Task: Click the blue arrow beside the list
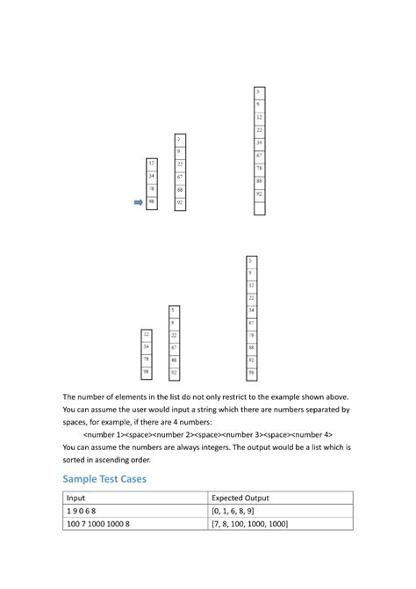(x=137, y=202)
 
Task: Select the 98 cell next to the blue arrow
(x=152, y=202)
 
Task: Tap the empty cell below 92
(x=259, y=208)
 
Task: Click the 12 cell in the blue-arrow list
(x=152, y=164)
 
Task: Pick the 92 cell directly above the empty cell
(x=259, y=193)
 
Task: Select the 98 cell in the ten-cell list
(x=252, y=373)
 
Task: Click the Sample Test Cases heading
(x=104, y=478)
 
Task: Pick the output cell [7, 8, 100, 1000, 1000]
(x=250, y=524)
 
